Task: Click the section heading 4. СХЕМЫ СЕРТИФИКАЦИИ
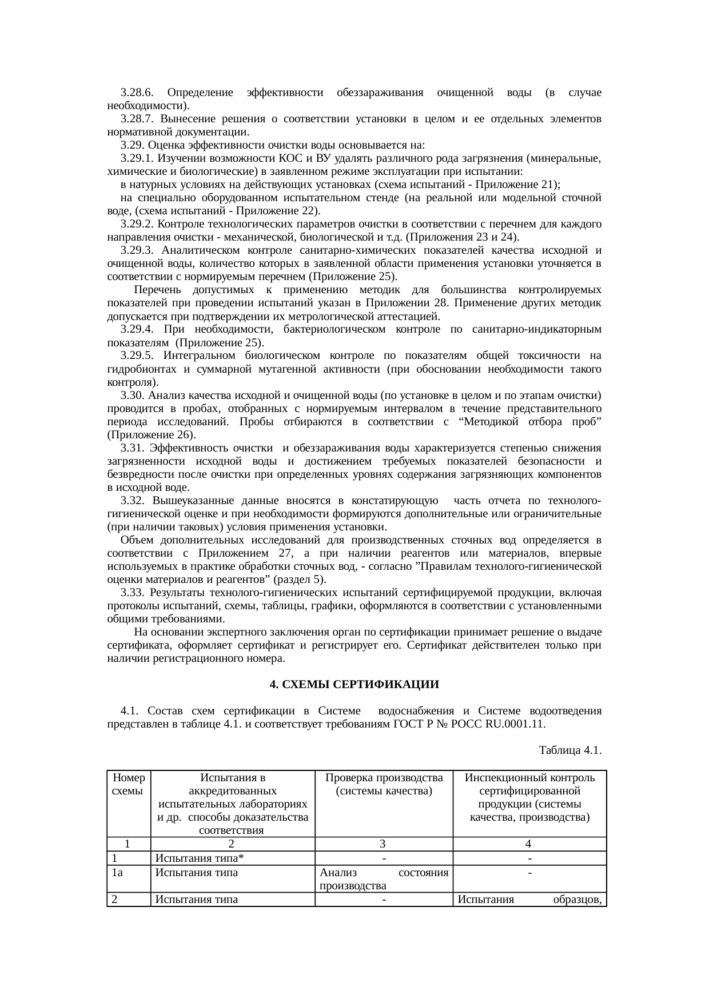(354, 684)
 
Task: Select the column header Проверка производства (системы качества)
(384, 785)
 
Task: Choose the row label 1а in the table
(118, 873)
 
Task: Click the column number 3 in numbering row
(383, 844)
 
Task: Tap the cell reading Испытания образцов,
(529, 900)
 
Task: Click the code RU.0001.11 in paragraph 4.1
(513, 724)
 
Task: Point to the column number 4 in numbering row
(529, 844)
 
